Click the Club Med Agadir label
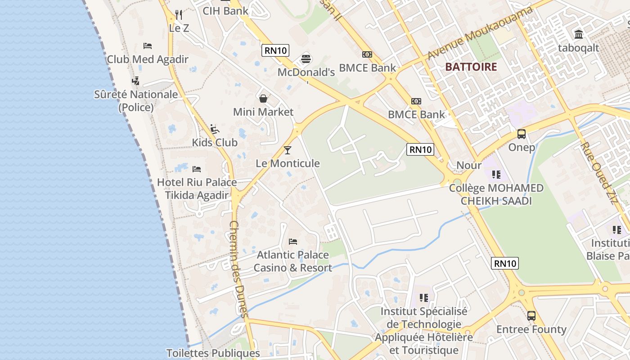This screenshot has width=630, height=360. pyautogui.click(x=147, y=59)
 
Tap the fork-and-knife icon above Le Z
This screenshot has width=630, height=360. pyautogui.click(x=179, y=14)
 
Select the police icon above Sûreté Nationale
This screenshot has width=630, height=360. pyautogui.click(x=135, y=81)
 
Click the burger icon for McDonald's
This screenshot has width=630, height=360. pyautogui.click(x=306, y=58)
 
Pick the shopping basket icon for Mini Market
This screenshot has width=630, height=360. pyautogui.click(x=263, y=98)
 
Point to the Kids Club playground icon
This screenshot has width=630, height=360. pyautogui.click(x=215, y=129)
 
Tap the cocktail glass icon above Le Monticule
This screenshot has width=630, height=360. pyautogui.click(x=288, y=150)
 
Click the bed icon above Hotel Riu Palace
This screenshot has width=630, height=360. pyautogui.click(x=197, y=169)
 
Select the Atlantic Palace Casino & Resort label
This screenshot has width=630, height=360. pyautogui.click(x=293, y=261)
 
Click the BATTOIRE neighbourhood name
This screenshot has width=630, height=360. pyautogui.click(x=471, y=67)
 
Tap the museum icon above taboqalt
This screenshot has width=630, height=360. pyautogui.click(x=579, y=34)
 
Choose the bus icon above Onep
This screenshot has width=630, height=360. pyautogui.click(x=522, y=134)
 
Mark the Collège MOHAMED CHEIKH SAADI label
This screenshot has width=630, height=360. pyautogui.click(x=496, y=194)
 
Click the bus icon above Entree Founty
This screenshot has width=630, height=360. pyautogui.click(x=531, y=316)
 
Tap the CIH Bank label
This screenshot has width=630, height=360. pyautogui.click(x=225, y=11)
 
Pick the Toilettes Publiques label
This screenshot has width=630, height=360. pyautogui.click(x=213, y=353)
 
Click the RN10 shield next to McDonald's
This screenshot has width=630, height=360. pyautogui.click(x=275, y=50)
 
